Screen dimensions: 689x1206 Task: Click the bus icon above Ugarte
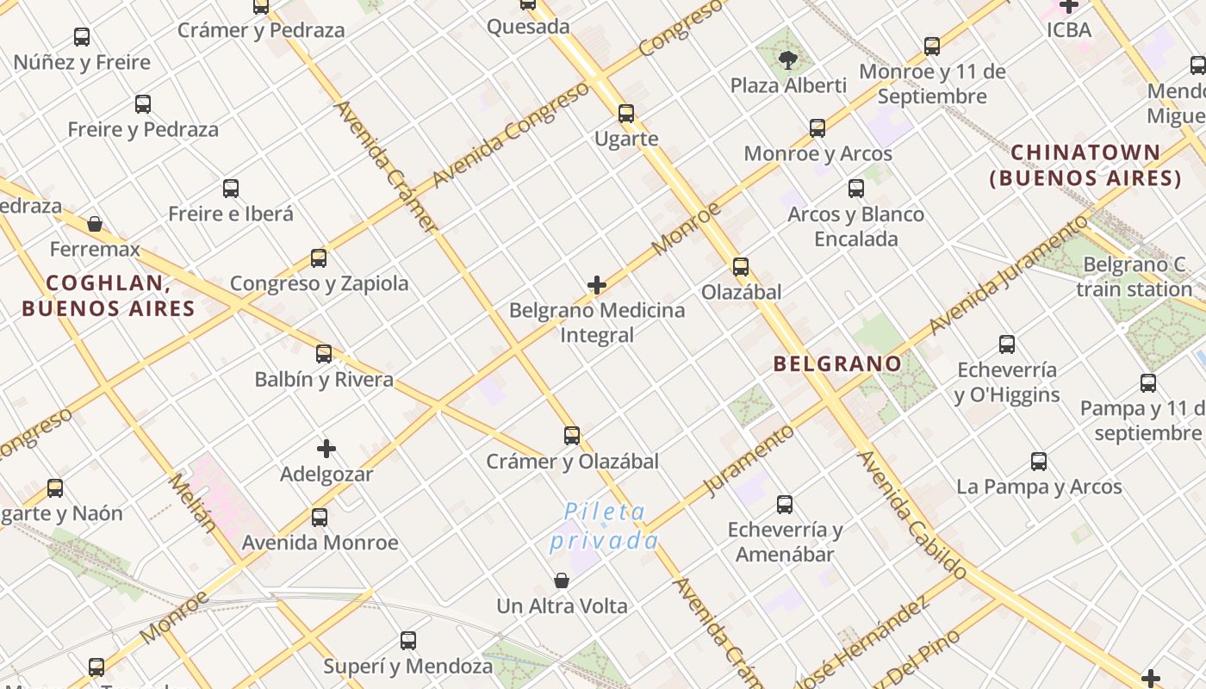[x=626, y=113]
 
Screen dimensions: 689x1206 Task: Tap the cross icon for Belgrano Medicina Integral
[x=596, y=285]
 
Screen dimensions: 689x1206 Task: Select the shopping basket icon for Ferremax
[x=95, y=224]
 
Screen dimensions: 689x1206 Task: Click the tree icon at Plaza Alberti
[x=787, y=59]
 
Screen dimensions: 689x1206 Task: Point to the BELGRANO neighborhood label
[x=837, y=363]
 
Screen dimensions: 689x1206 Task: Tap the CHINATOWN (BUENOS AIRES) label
[x=1085, y=165]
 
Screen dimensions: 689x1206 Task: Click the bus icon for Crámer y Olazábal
[x=572, y=435]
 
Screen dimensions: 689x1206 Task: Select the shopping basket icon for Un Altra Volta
[x=562, y=580]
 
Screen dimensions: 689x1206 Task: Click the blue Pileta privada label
[x=605, y=526]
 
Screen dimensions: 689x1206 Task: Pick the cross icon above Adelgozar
[x=326, y=448]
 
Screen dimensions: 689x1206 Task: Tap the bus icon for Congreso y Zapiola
[x=319, y=258]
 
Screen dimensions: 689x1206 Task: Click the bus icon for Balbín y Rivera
[x=324, y=353]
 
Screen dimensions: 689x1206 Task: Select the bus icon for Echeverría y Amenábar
[x=785, y=504]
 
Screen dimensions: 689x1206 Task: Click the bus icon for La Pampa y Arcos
[x=1039, y=462]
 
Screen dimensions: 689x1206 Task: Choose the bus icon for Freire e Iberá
[x=231, y=188]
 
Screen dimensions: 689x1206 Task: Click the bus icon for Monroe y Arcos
[x=817, y=128]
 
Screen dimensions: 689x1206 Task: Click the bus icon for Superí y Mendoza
[x=408, y=640]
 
